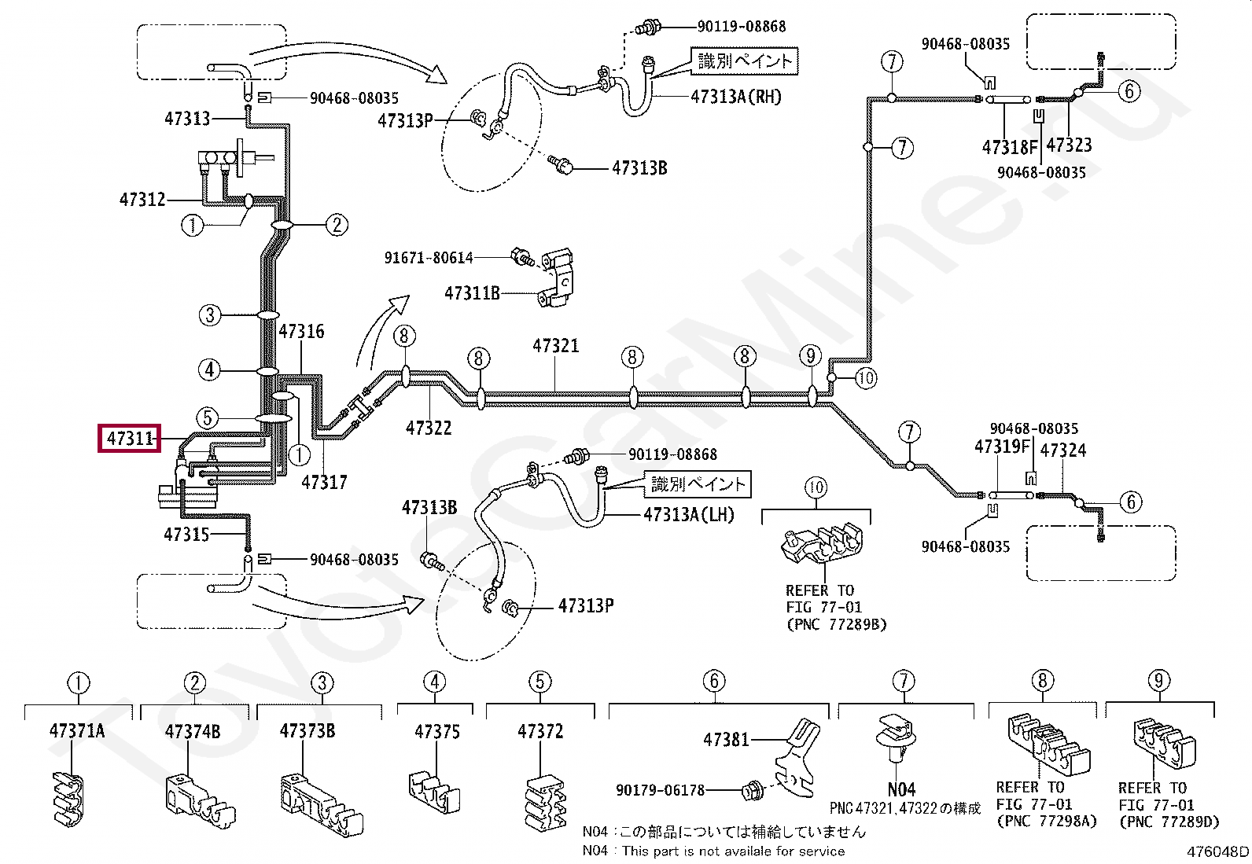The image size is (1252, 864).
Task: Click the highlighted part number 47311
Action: point(129,438)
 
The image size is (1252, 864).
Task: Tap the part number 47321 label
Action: point(555,345)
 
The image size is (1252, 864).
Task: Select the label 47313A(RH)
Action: point(736,97)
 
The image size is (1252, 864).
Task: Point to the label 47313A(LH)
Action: point(689,514)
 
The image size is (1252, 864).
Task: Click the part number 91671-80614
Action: point(429,258)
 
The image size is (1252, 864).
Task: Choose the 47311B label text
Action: point(473,292)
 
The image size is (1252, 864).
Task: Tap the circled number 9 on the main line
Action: point(811,355)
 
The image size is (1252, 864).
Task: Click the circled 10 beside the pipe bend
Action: point(866,378)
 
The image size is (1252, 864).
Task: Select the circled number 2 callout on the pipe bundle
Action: point(337,225)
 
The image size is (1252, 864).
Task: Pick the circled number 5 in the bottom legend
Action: point(540,682)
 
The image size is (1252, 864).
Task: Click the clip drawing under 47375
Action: point(435,793)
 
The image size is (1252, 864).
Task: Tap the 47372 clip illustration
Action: point(545,802)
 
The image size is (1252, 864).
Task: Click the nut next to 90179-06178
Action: point(749,791)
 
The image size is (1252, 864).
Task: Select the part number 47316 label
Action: point(301,332)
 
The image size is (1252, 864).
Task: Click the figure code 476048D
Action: point(1217,851)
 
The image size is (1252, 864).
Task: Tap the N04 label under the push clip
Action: point(901,789)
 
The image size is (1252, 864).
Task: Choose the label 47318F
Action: point(1010,147)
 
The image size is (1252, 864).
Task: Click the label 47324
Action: point(1063,450)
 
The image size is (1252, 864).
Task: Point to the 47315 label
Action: point(186,535)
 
